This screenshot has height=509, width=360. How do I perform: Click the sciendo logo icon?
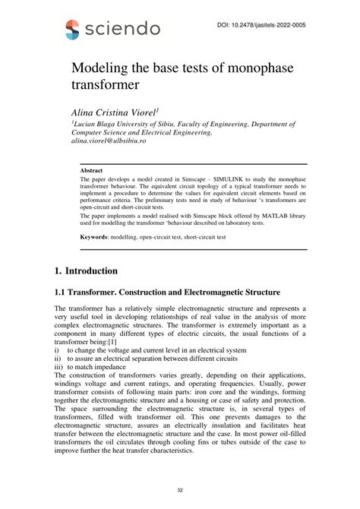click(72, 30)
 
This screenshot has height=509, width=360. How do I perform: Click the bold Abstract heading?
click(91, 171)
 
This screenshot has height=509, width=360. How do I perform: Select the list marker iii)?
click(59, 368)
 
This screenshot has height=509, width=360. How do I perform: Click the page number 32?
click(180, 492)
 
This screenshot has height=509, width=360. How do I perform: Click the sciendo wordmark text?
click(122, 30)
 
